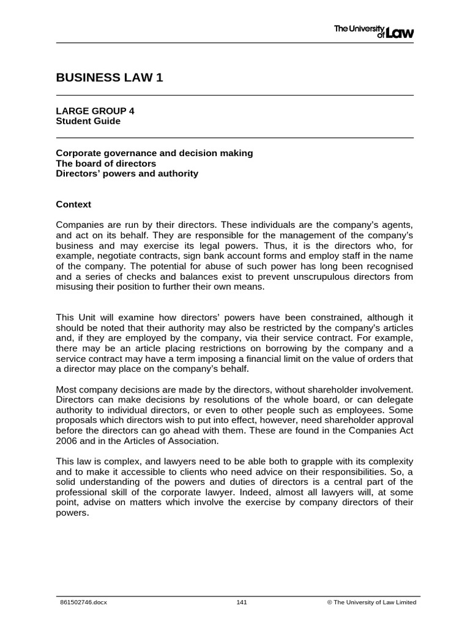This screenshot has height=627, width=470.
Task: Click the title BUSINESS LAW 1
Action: click(110, 77)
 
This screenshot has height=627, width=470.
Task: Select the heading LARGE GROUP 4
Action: click(95, 111)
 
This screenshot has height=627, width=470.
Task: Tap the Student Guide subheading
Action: click(88, 121)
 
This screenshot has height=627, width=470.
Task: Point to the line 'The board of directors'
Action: click(106, 163)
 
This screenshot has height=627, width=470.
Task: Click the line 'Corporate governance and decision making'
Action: click(154, 153)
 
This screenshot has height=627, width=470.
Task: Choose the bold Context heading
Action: click(73, 204)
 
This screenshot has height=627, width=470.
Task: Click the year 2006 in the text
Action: click(66, 440)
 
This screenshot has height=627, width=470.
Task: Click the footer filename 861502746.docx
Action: click(83, 603)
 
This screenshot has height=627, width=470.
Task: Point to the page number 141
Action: click(241, 603)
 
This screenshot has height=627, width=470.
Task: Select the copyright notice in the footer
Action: click(371, 603)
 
